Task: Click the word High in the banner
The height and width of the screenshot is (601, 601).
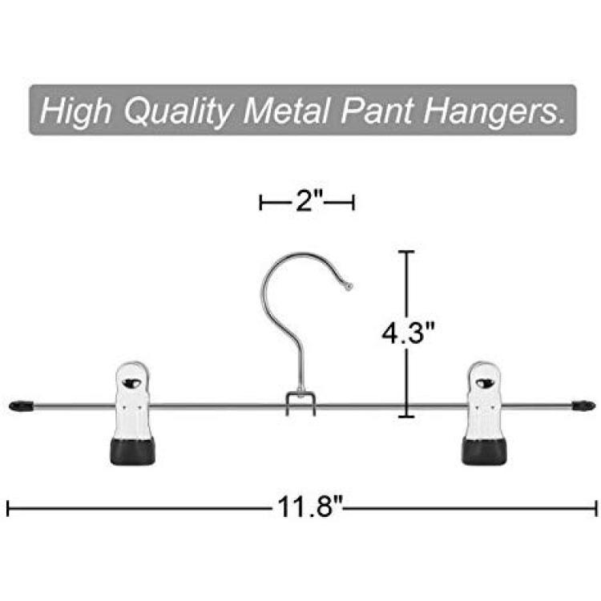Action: tap(75, 111)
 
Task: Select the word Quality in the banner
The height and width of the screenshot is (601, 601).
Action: tap(178, 111)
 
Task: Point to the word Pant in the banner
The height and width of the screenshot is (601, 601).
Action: tap(377, 111)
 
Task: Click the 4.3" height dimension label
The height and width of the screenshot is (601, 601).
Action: tap(408, 332)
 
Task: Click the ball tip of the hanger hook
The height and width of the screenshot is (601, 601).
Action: tap(349, 286)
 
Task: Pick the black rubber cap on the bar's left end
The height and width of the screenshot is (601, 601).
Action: tap(21, 406)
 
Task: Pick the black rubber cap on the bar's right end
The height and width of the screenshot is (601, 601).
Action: tap(583, 405)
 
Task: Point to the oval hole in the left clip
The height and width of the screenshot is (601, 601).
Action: tap(131, 382)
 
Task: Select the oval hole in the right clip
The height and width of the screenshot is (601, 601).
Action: tap(485, 382)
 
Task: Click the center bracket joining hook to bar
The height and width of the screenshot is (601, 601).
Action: tap(300, 403)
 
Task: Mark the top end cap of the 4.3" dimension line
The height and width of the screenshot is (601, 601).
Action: tap(406, 252)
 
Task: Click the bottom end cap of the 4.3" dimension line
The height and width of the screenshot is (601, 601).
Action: tap(406, 416)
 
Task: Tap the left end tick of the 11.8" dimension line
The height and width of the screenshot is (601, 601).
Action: tap(8, 508)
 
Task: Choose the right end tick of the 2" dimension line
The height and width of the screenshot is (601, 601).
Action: tap(353, 202)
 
